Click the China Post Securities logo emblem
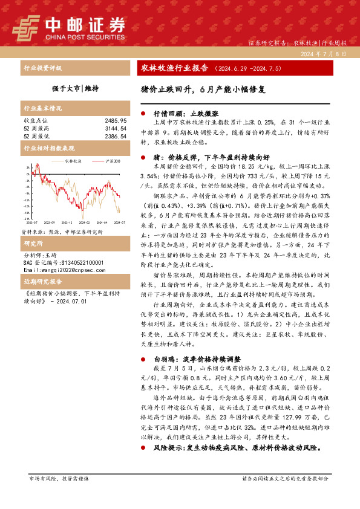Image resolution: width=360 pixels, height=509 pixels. (27, 26)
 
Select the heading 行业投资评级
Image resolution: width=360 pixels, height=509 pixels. (42, 68)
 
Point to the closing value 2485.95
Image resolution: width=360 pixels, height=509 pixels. (115, 121)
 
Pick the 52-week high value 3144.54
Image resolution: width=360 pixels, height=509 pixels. (115, 129)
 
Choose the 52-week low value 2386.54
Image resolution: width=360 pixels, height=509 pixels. (115, 137)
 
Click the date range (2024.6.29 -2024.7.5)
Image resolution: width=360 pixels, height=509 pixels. (248, 69)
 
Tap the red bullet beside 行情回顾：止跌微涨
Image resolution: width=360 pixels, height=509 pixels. (143, 113)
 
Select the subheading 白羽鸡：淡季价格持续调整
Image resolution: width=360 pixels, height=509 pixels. (197, 358)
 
